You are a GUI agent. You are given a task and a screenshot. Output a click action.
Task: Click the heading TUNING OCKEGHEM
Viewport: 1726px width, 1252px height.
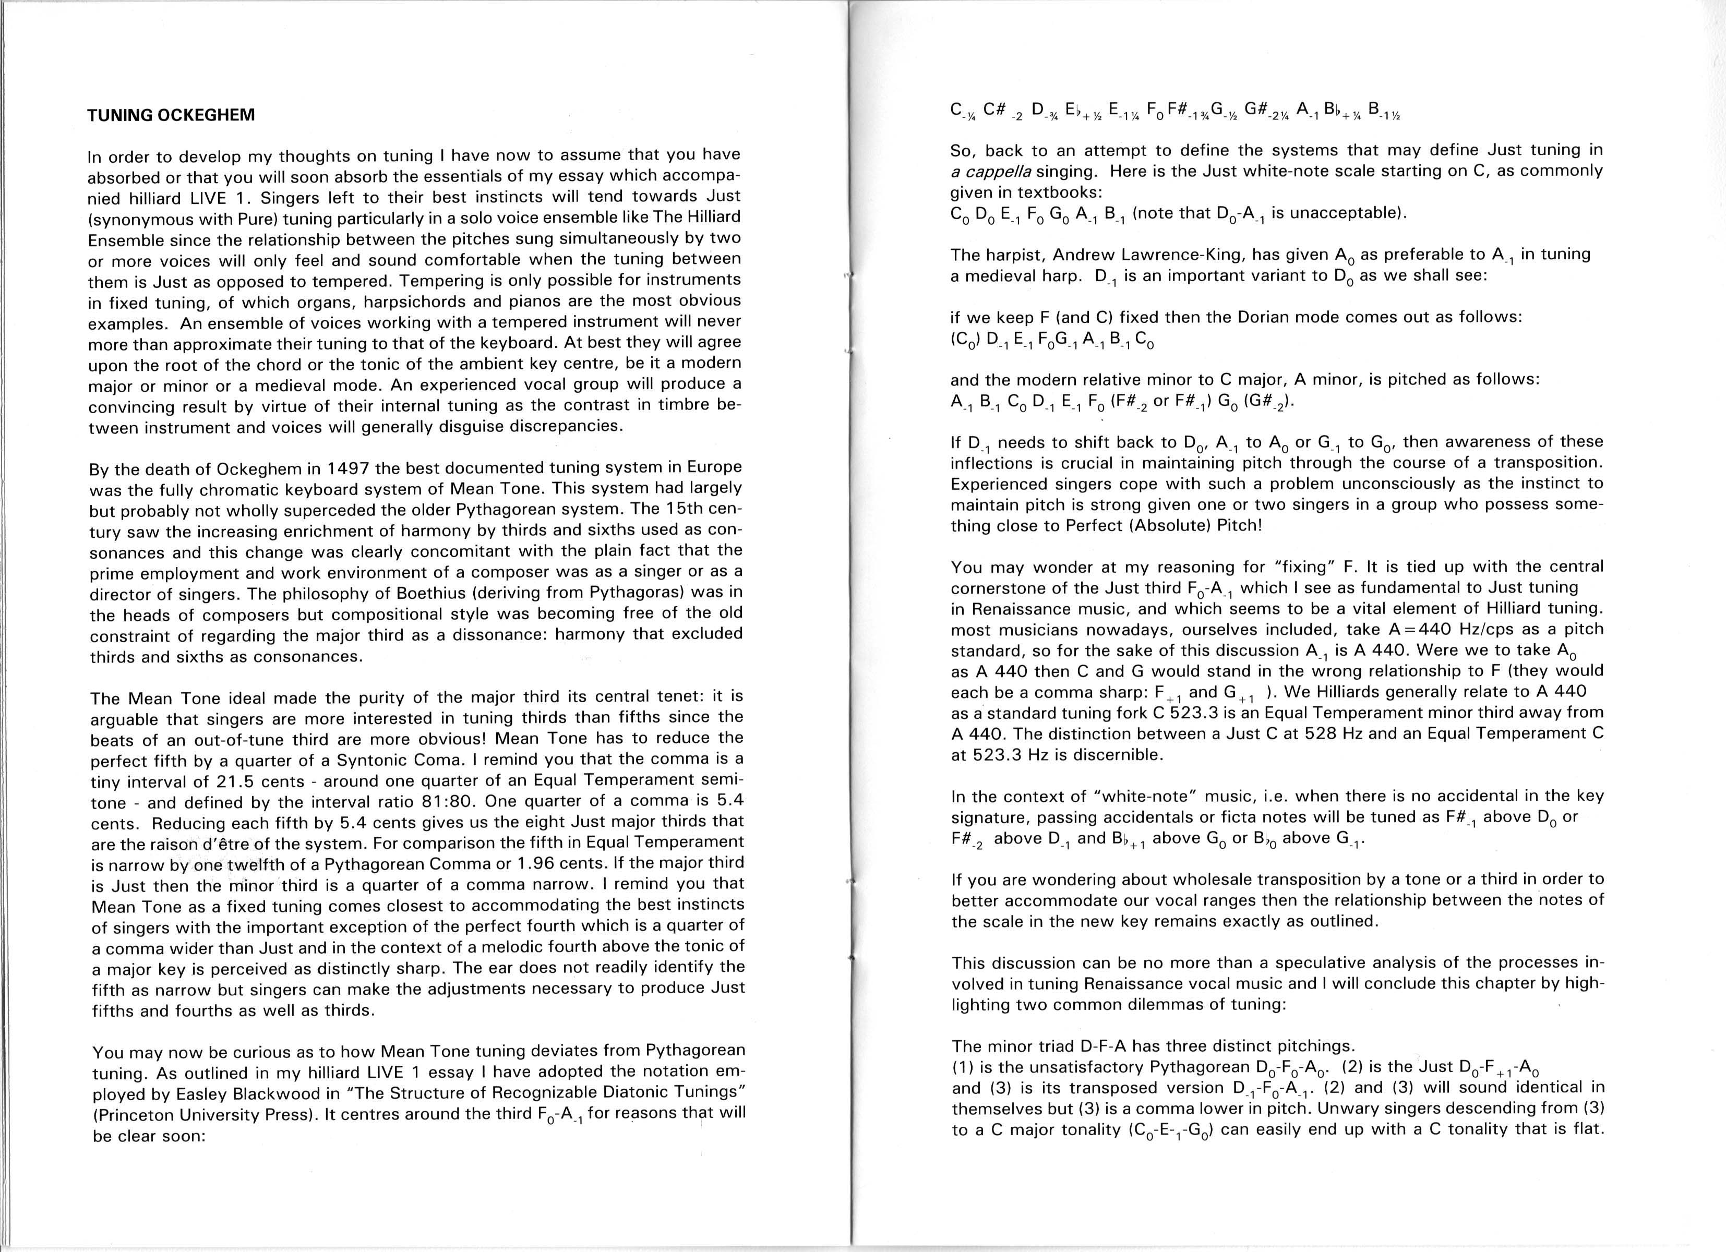click(x=171, y=116)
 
